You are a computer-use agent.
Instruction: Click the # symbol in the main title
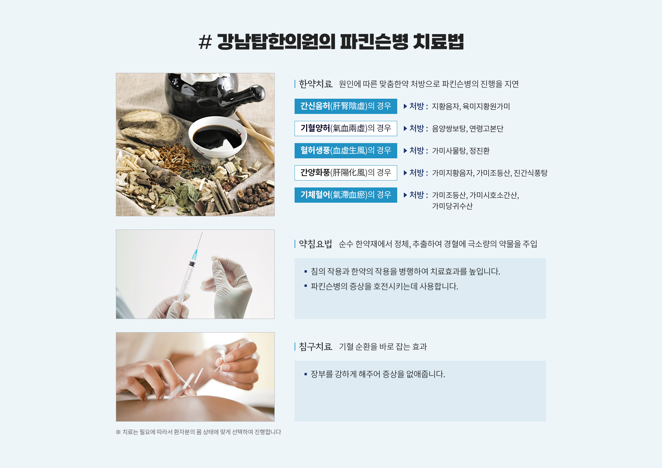(x=205, y=42)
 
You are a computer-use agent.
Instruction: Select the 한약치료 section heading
(x=315, y=84)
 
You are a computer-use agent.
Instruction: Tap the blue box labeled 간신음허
(x=346, y=106)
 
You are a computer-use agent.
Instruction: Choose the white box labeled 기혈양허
(x=346, y=129)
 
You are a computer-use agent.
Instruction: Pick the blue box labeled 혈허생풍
(x=346, y=151)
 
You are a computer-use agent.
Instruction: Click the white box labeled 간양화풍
(x=346, y=173)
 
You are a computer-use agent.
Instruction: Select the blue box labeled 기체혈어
(x=346, y=195)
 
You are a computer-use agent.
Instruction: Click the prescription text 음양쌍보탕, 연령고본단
(x=468, y=129)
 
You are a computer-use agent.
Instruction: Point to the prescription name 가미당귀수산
(x=452, y=206)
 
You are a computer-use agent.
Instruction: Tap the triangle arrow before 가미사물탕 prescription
(x=405, y=151)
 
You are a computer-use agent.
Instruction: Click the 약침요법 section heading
(x=315, y=244)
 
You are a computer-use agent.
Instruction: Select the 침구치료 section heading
(x=315, y=347)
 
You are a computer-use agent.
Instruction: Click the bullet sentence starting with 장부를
(x=378, y=374)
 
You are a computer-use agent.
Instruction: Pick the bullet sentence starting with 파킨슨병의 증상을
(x=384, y=286)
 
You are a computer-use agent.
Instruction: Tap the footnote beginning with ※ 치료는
(x=198, y=432)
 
